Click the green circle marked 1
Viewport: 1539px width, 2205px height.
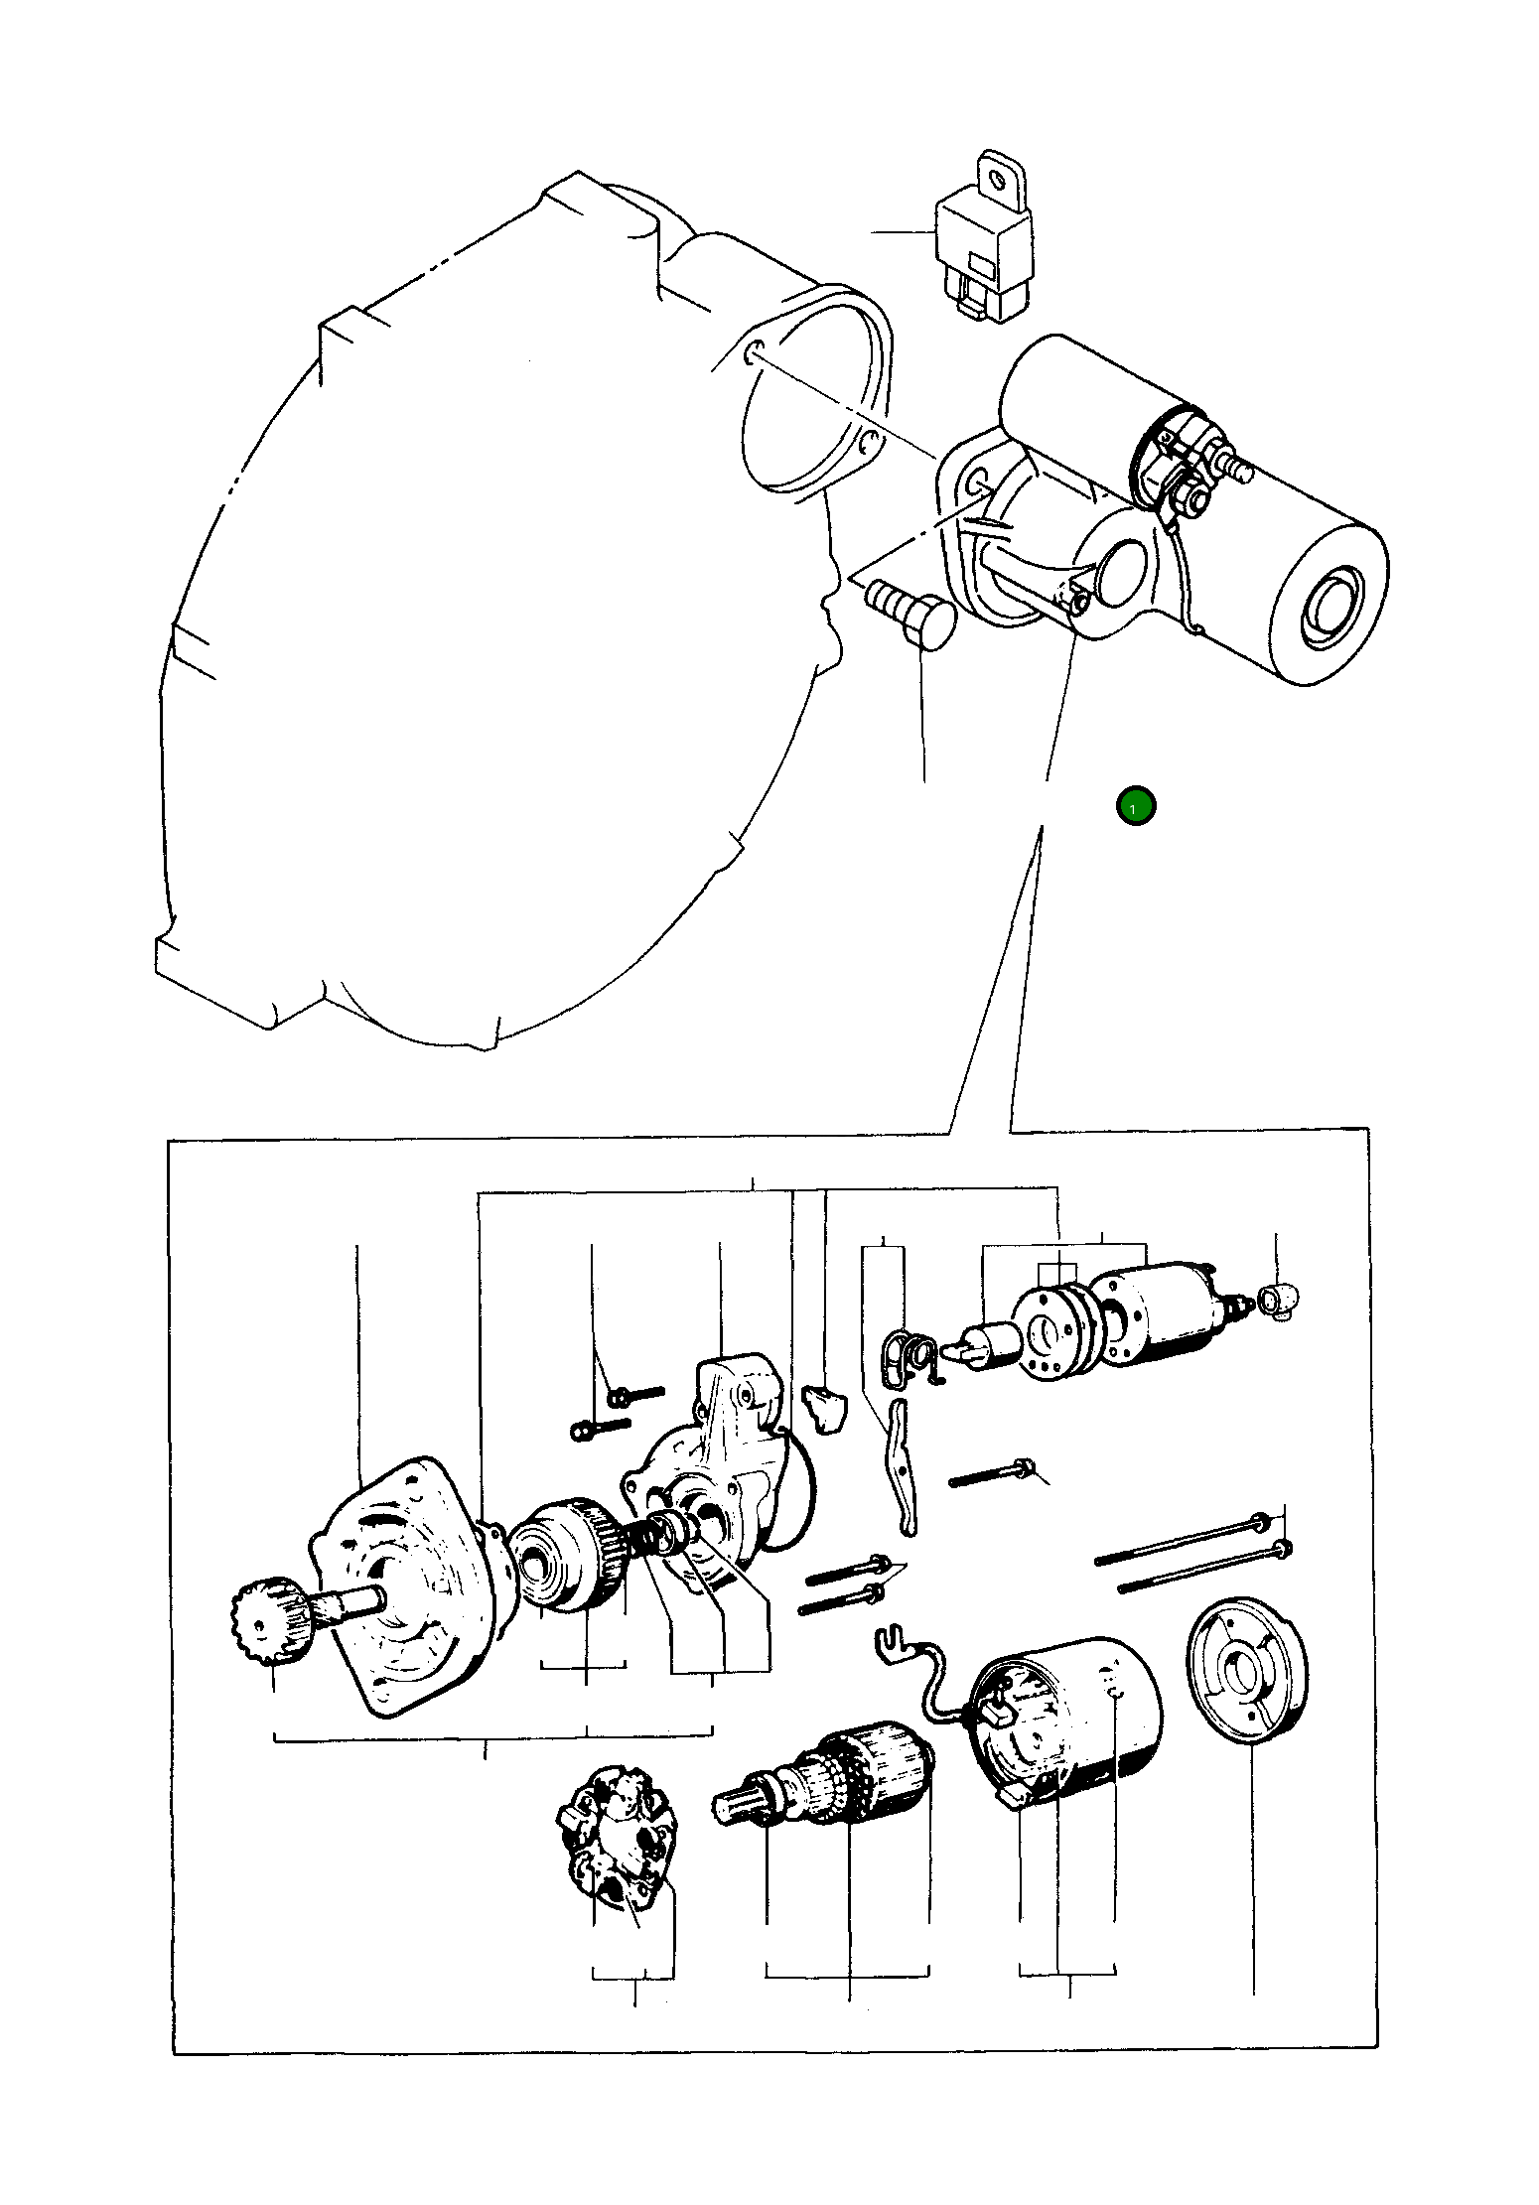1136,806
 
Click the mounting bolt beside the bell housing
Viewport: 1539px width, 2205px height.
909,617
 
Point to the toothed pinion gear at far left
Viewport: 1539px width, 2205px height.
271,1621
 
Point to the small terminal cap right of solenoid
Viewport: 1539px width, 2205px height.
1279,1300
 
